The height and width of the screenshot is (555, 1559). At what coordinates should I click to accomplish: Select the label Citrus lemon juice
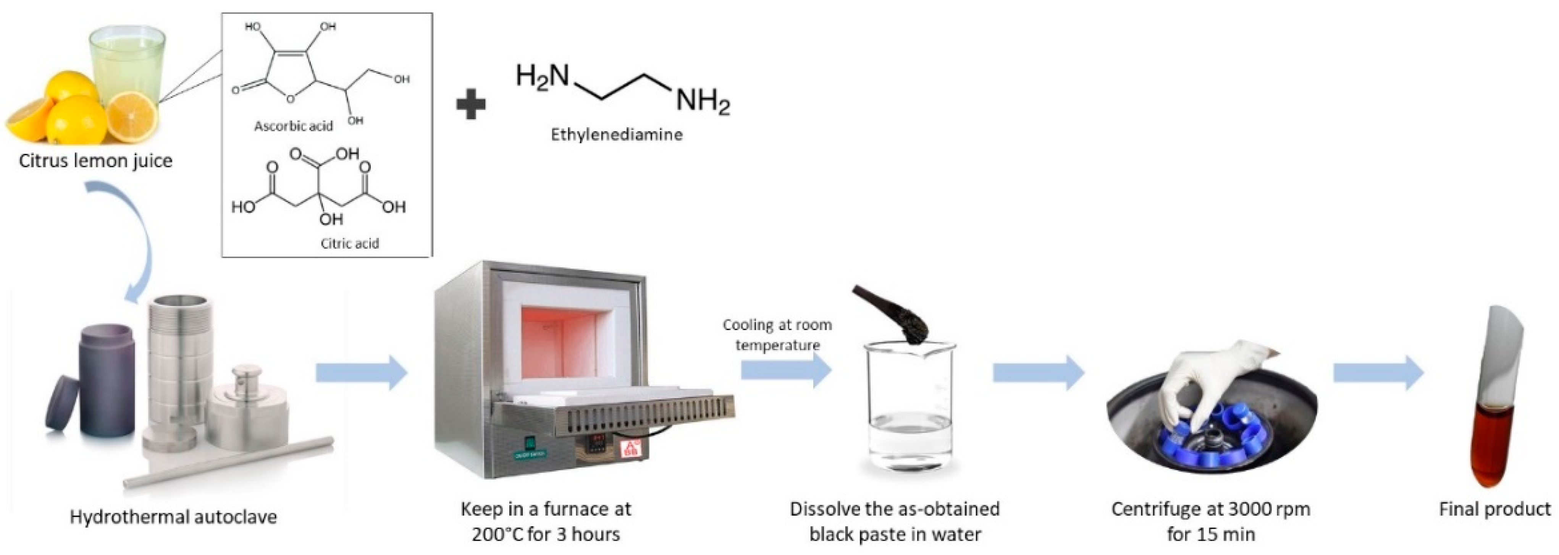(x=95, y=161)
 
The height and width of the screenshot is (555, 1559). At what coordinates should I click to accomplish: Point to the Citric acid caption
(x=349, y=243)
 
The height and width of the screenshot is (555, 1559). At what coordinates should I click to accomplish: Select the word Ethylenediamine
(x=616, y=134)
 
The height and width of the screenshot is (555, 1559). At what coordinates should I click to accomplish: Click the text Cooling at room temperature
(x=777, y=335)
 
